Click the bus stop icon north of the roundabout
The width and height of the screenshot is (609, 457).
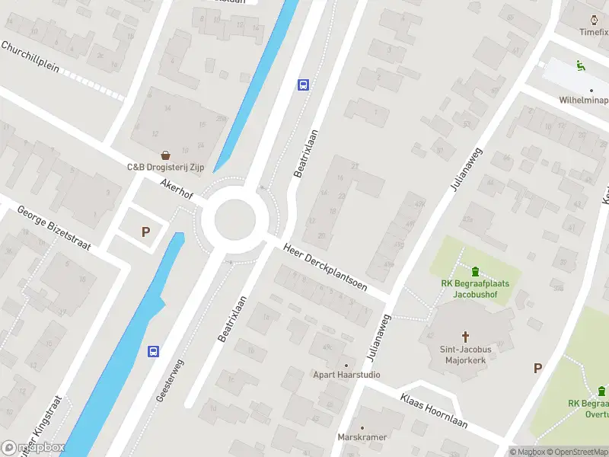[303, 85]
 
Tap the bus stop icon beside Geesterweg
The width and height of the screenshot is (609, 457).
[153, 351]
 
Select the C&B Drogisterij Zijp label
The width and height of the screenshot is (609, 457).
[165, 167]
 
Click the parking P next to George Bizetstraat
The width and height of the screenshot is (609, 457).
[145, 232]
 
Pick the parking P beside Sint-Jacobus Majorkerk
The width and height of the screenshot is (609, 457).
[537, 368]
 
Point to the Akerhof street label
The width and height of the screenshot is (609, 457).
[177, 190]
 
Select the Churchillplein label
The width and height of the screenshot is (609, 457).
[30, 56]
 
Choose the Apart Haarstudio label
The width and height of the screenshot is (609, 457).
[347, 375]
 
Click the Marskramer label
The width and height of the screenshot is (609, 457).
[362, 437]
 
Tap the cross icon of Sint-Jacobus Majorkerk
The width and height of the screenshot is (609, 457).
[466, 335]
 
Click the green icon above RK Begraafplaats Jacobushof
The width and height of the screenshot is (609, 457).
[476, 271]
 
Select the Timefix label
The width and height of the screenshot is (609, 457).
[593, 32]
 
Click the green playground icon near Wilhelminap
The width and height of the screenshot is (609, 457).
[580, 66]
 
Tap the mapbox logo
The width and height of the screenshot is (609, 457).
[34, 447]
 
